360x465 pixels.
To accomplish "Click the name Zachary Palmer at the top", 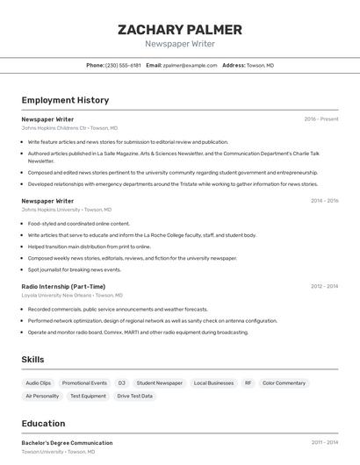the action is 179,30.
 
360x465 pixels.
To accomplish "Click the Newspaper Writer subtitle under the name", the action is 179,44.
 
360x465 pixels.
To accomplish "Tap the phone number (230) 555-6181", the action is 123,65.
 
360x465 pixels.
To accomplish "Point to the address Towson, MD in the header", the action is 260,65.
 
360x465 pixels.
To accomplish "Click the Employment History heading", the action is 65,100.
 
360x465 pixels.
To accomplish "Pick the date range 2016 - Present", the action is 320,119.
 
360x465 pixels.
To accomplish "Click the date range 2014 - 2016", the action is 324,201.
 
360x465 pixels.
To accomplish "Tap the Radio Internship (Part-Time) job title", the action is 63,286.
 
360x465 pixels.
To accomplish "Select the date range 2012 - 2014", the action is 324,286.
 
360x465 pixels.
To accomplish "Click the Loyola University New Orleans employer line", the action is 68,296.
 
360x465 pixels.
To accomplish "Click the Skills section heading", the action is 33,360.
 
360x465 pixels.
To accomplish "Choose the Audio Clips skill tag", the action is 39,383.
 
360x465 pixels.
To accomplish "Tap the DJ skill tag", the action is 121,383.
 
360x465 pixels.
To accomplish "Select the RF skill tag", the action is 248,383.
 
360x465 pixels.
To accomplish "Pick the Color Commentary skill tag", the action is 284,383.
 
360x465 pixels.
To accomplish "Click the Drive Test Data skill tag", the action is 134,396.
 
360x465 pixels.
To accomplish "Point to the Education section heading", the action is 43,423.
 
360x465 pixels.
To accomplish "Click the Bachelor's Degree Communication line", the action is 67,443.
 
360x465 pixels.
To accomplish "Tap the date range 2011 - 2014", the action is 324,443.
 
